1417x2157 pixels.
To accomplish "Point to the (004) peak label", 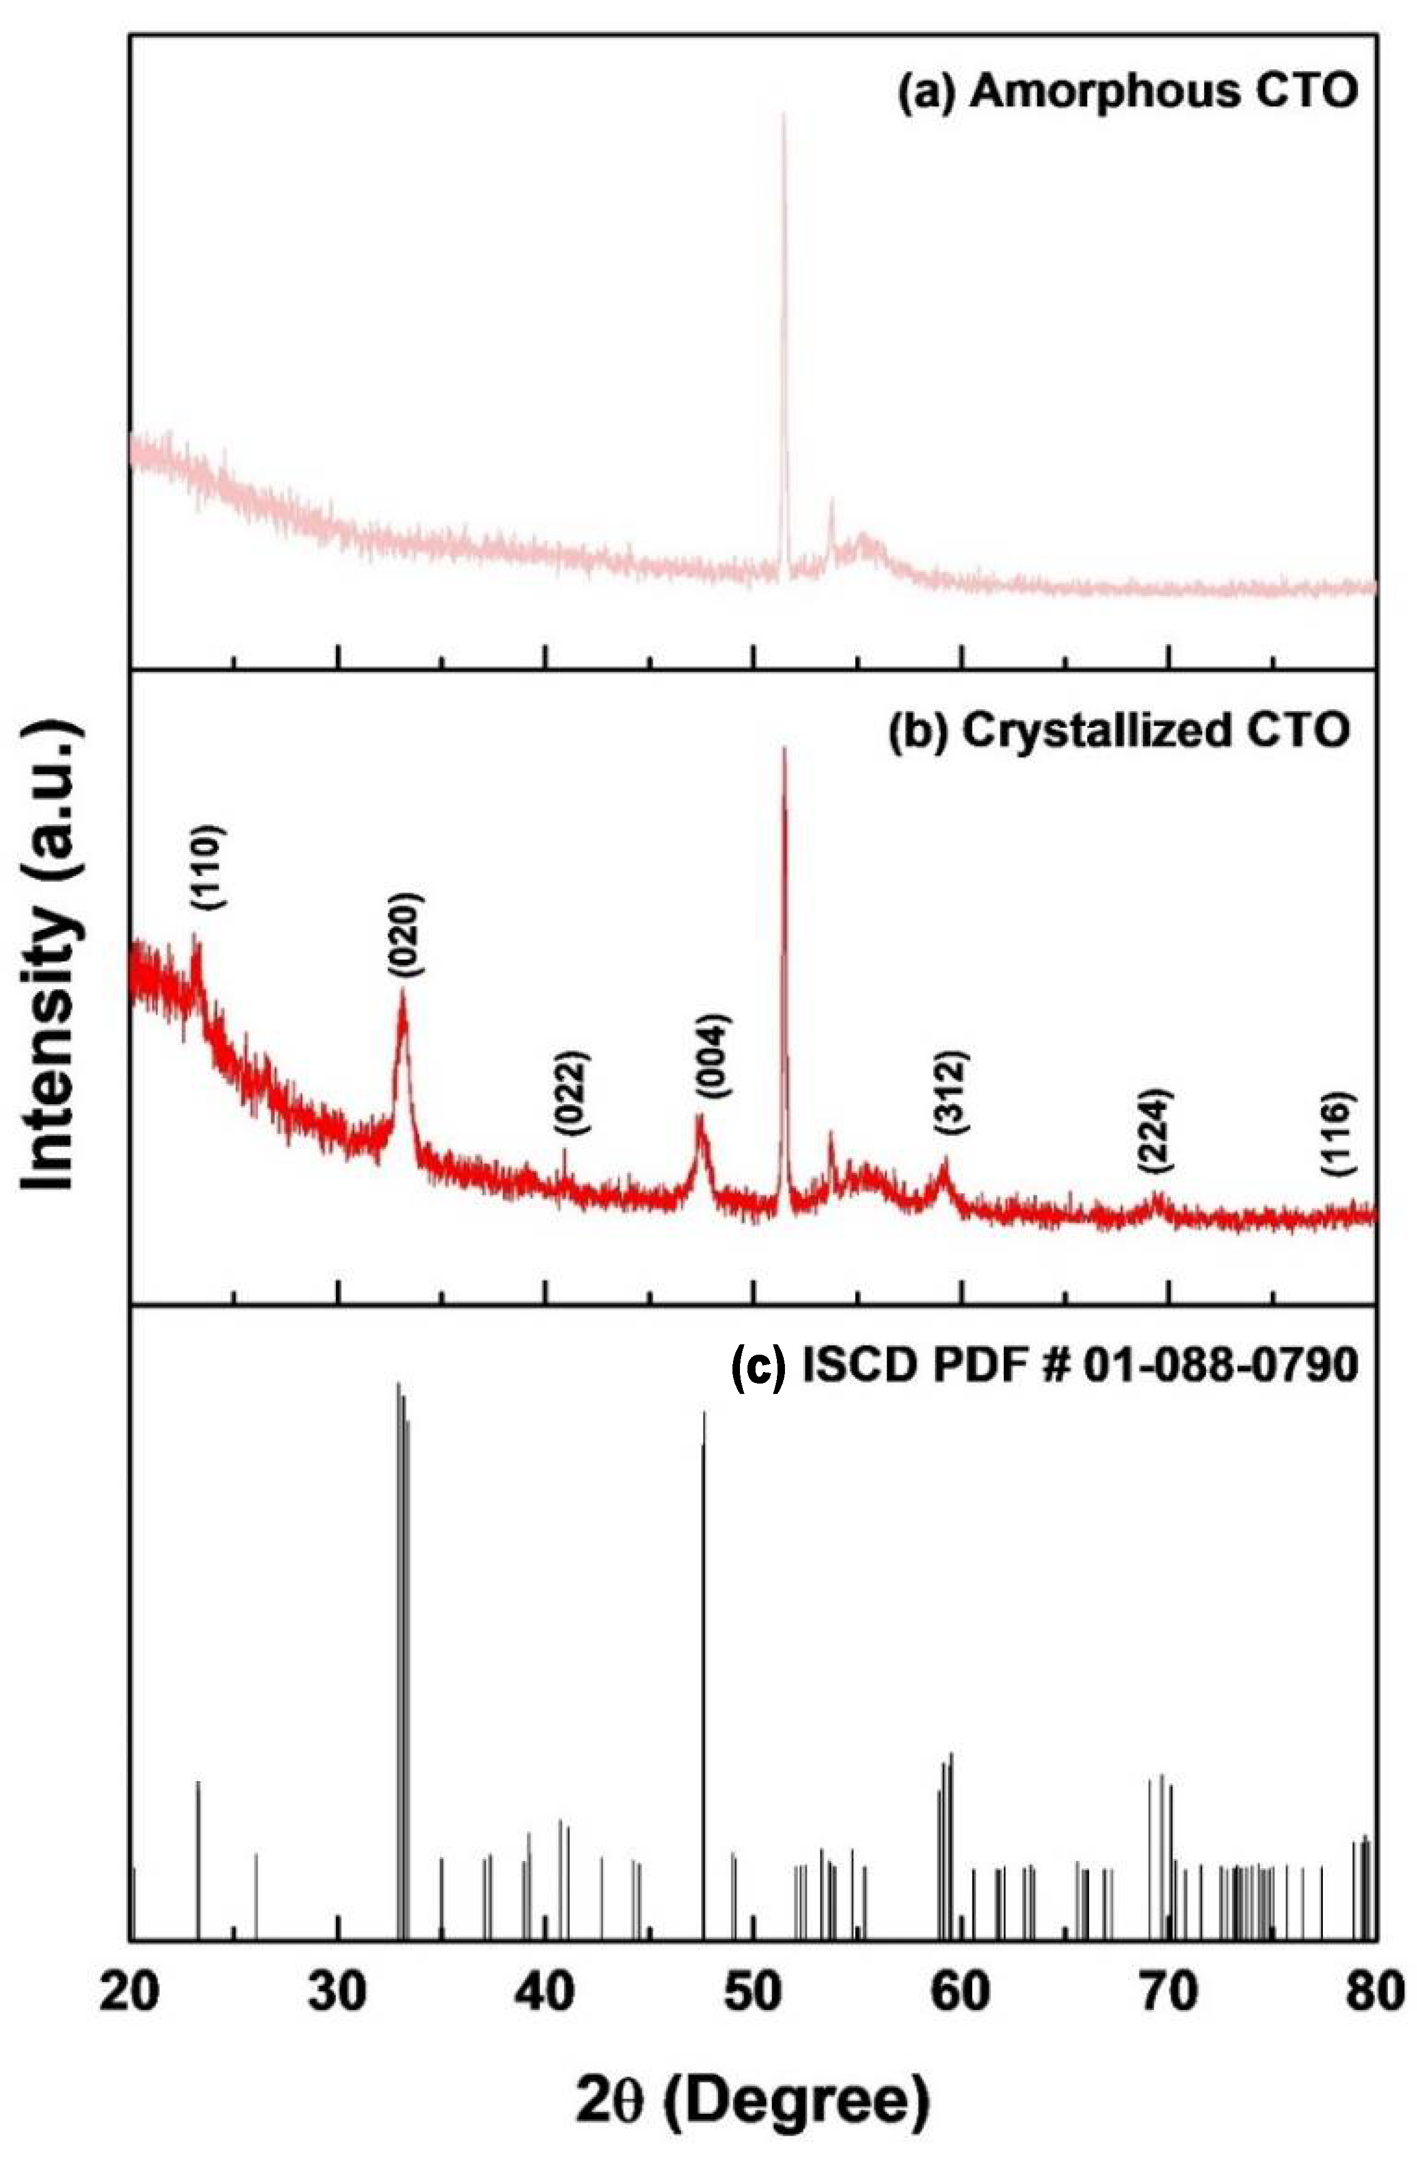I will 712,1054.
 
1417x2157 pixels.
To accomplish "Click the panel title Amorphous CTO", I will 1127,94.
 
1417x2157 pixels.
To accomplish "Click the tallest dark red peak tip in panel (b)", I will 784,750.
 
